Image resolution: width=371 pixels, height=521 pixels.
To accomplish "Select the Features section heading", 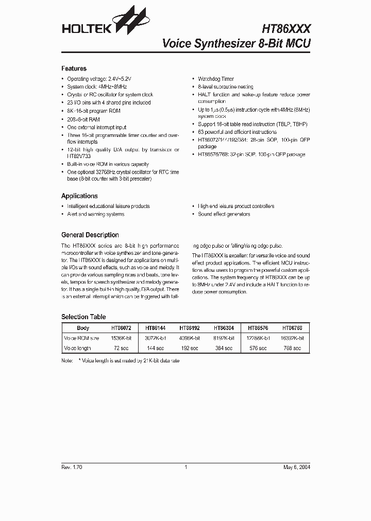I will click(x=74, y=68).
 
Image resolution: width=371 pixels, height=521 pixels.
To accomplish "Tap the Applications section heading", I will click(x=79, y=196).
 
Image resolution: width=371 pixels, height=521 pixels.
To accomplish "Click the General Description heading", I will click(x=90, y=235).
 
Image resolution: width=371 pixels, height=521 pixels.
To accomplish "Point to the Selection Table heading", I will click(x=83, y=317).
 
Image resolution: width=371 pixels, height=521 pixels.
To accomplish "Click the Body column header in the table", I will click(x=82, y=328).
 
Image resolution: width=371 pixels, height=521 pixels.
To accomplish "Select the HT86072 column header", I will click(x=121, y=328).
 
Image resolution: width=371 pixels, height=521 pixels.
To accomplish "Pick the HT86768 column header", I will click(x=292, y=328).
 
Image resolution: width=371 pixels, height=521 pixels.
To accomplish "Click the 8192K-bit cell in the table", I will click(x=224, y=338).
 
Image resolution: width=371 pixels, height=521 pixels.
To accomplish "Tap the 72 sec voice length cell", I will click(x=121, y=349).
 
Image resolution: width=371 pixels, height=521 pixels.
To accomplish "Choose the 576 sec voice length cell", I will click(x=258, y=349).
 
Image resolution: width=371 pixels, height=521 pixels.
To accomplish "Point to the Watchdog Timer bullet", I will click(x=216, y=79).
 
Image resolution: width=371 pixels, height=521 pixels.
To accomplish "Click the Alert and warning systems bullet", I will click(x=95, y=214).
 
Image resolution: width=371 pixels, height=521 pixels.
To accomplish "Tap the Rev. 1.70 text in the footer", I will click(x=72, y=467).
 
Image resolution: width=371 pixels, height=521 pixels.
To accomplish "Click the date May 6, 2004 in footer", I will click(x=296, y=467).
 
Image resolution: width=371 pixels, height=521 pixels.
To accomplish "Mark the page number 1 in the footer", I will click(x=185, y=467).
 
